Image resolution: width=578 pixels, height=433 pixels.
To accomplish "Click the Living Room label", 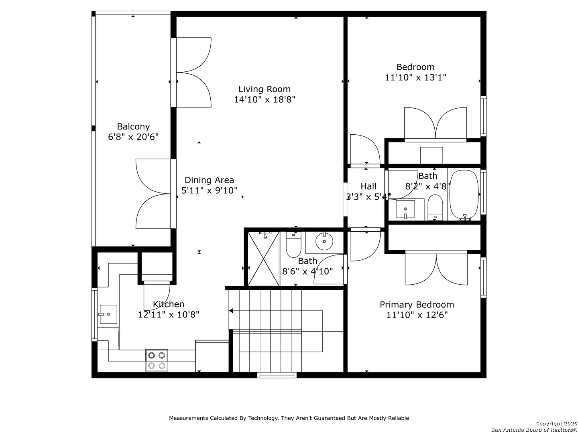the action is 265,89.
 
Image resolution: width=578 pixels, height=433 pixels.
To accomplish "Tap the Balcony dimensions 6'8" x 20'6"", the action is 133,137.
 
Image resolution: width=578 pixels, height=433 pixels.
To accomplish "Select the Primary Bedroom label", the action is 417,305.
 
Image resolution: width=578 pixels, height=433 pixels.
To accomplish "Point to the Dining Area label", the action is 209,180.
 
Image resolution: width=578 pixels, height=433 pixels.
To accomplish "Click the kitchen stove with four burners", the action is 157,360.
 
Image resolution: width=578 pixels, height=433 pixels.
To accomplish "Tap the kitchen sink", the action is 108,314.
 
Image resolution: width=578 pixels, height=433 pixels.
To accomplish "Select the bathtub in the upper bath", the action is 464,195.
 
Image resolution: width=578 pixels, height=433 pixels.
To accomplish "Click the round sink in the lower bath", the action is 324,241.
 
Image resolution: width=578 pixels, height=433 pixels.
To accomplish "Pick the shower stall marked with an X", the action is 264,259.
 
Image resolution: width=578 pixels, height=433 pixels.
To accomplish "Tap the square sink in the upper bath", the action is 405,210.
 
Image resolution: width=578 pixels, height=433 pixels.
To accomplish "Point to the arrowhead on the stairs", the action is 231,311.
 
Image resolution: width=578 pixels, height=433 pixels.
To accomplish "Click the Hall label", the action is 368,186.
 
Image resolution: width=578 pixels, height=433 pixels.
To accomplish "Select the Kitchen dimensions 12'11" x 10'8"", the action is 169,314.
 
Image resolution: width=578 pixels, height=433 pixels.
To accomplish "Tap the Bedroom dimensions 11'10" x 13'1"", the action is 415,77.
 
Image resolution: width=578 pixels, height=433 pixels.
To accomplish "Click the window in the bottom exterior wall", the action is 277,375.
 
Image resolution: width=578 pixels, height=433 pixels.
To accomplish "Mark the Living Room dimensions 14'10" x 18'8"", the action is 265,100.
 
